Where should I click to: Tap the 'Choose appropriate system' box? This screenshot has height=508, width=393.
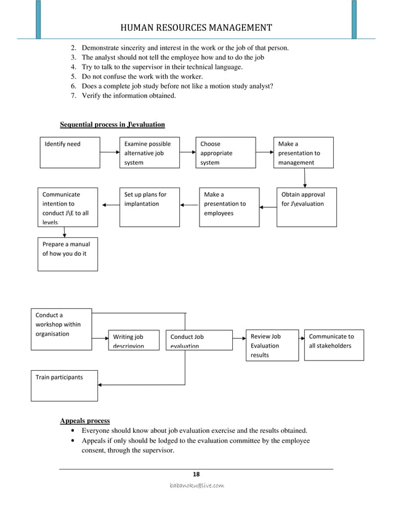click(225, 152)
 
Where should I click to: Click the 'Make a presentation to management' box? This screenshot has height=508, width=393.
click(304, 152)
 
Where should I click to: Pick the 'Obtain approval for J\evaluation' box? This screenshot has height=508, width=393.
click(306, 207)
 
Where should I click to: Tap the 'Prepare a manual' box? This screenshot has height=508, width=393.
click(68, 253)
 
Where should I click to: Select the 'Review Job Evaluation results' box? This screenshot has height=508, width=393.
click(272, 346)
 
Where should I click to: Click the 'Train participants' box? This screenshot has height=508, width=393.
click(64, 385)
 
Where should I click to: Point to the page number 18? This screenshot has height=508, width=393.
click(197, 474)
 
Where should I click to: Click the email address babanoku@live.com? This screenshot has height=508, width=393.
click(197, 486)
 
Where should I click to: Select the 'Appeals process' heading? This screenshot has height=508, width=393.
click(84, 421)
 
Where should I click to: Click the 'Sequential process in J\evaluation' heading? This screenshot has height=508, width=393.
click(112, 125)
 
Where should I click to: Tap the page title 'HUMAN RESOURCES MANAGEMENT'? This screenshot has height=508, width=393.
click(197, 28)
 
